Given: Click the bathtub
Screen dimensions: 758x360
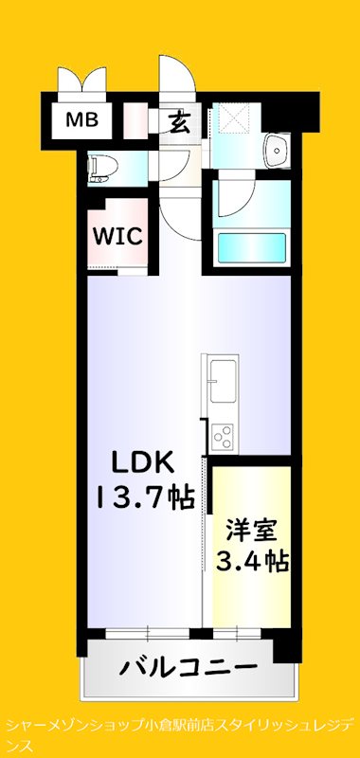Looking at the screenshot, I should tap(252, 248).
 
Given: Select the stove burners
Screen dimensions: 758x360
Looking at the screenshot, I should tap(224, 437).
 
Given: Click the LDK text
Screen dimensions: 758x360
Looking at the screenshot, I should tap(142, 462).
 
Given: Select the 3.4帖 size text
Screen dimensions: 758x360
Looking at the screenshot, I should tap(251, 561).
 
